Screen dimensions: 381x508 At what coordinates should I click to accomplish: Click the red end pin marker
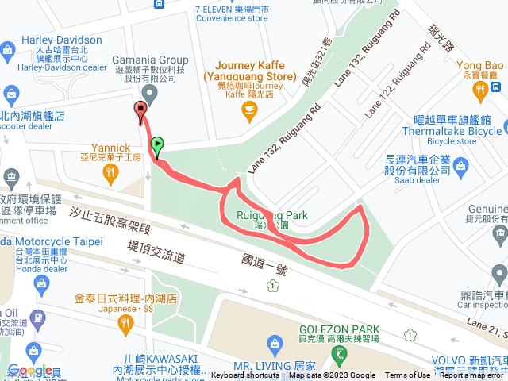pyautogui.click(x=141, y=111)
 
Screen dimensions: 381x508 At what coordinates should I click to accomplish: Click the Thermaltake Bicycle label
pyautogui.click(x=452, y=131)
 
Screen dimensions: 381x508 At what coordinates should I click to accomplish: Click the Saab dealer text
pyautogui.click(x=415, y=180)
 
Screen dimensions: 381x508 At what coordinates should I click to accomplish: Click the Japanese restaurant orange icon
pyautogui.click(x=125, y=322)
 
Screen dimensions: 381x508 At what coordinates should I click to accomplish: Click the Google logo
pyautogui.click(x=30, y=371)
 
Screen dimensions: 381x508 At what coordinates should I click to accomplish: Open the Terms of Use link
pyautogui.click(x=408, y=375)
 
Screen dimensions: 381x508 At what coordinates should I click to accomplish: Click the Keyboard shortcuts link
pyautogui.click(x=246, y=375)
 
